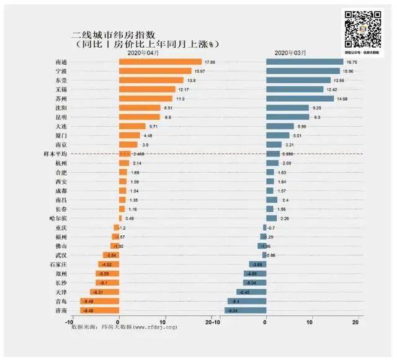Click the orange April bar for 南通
point(160,62)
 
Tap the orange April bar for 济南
point(100,310)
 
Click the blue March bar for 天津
point(251,292)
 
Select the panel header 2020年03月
point(290,53)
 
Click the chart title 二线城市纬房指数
point(115,34)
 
